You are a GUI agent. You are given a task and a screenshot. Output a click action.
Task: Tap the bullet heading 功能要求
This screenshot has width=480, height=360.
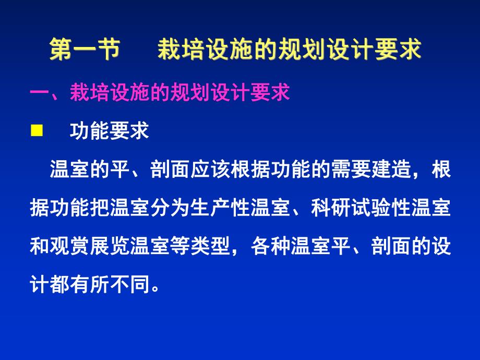109,130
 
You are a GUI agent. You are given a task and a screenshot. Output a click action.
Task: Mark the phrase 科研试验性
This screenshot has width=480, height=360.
361,211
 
